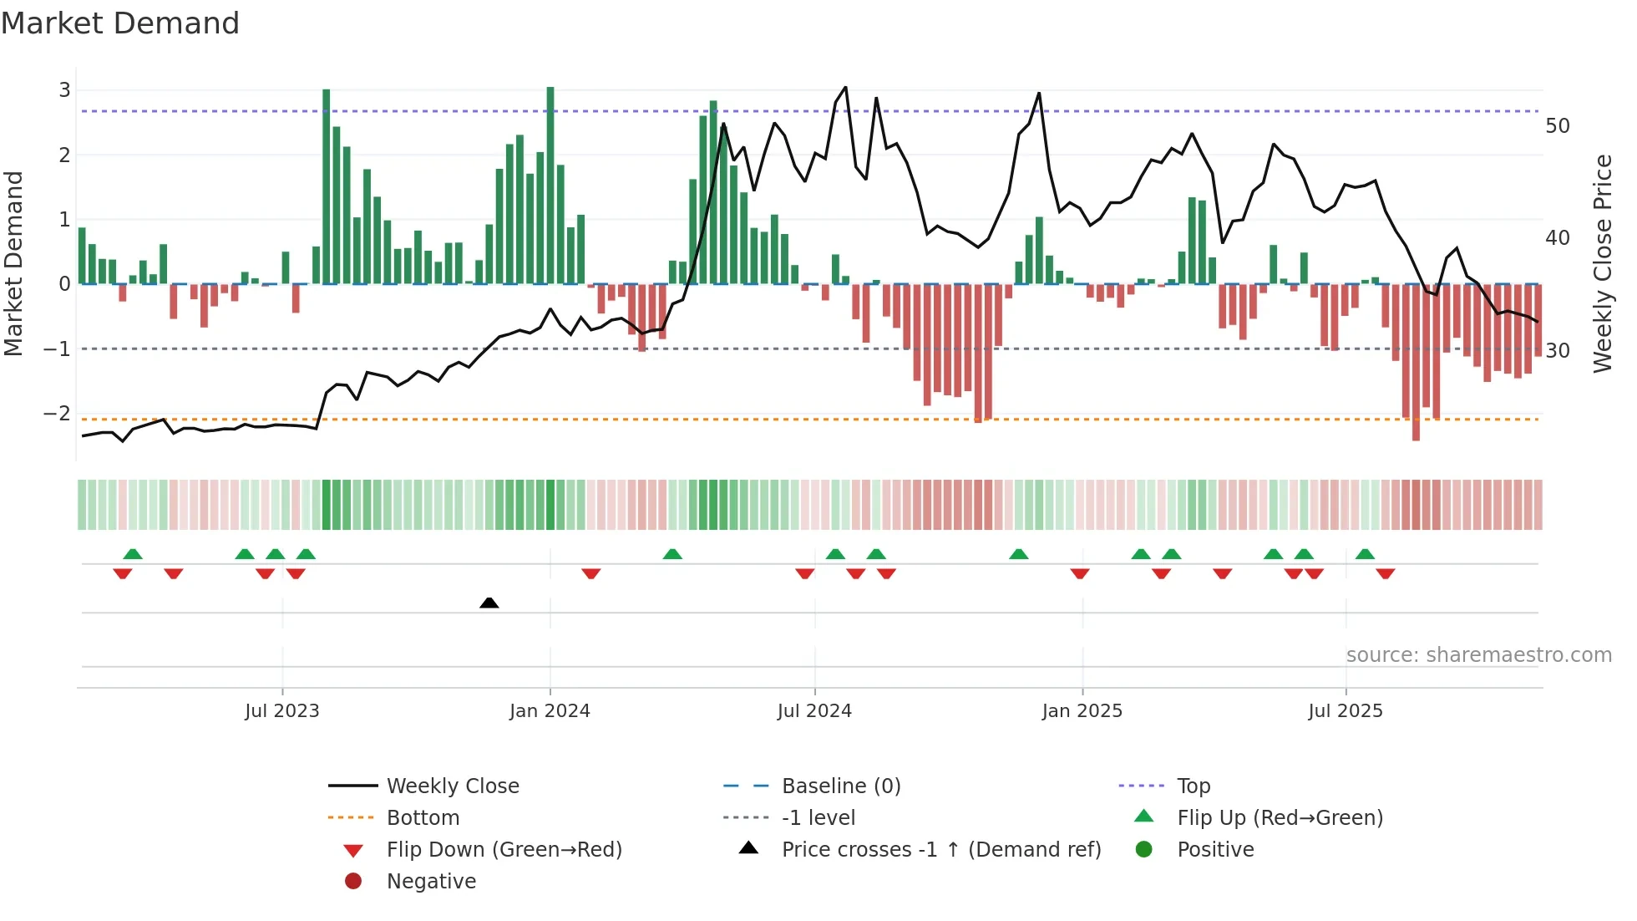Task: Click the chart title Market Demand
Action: pos(120,23)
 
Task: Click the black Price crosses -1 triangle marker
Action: pos(489,603)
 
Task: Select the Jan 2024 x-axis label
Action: pos(550,711)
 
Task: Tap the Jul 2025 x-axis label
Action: pos(1346,711)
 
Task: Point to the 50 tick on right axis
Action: pos(1558,126)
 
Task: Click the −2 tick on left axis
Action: pos(57,414)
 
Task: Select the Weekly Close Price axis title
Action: pos(1602,263)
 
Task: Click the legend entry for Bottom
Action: pos(423,818)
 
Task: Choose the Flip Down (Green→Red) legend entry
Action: pos(504,850)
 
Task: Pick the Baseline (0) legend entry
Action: pos(840,786)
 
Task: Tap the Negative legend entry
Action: pos(431,882)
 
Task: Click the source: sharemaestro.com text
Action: pos(1478,655)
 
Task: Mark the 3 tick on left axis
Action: pos(64,90)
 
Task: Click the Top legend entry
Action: pos(1194,786)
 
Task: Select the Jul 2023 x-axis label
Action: pos(282,711)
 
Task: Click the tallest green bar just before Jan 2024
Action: pos(550,184)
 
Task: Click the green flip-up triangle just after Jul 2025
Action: pos(1365,554)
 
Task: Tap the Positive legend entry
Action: pos(1215,850)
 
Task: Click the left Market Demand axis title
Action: pos(14,263)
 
